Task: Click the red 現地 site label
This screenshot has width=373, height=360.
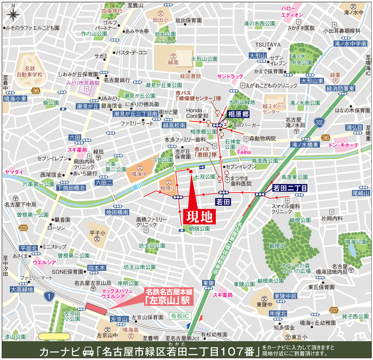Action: pos(199,216)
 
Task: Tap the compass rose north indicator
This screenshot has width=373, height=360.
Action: pos(12,14)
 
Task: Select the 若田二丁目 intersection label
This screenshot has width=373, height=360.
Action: pos(290,188)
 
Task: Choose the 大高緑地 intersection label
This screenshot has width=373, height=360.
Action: pos(22,289)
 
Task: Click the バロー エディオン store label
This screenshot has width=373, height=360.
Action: pos(292,11)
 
